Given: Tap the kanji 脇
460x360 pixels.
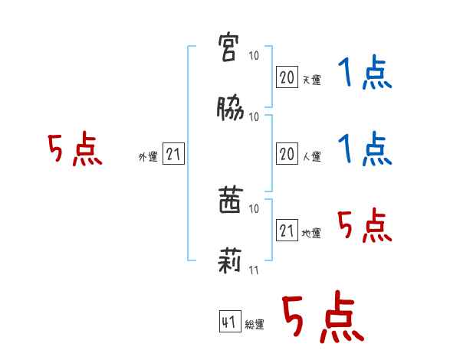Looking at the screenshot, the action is pyautogui.click(x=230, y=110).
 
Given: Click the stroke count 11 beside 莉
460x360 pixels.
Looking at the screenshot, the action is pyautogui.click(x=254, y=270).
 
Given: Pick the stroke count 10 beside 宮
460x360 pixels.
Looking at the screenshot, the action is pyautogui.click(x=254, y=57).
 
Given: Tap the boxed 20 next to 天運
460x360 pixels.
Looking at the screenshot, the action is pyautogui.click(x=287, y=77).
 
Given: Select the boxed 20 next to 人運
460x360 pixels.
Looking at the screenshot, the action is pyautogui.click(x=287, y=155).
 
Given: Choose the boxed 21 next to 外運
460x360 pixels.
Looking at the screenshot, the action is pyautogui.click(x=173, y=155).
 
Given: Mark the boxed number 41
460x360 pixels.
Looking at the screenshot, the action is pyautogui.click(x=228, y=322).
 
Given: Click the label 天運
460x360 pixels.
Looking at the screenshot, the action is pyautogui.click(x=311, y=80).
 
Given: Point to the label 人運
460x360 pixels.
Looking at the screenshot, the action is pyautogui.click(x=311, y=157).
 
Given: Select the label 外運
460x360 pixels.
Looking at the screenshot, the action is pyautogui.click(x=148, y=157).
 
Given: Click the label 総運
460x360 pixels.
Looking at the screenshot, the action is pyautogui.click(x=254, y=325).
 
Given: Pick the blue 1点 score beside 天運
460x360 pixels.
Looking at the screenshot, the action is pyautogui.click(x=364, y=74).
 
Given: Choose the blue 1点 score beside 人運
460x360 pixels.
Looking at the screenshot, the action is pyautogui.click(x=364, y=149).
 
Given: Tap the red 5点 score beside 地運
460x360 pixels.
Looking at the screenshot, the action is pyautogui.click(x=364, y=226).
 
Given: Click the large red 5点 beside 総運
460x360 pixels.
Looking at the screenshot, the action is pyautogui.click(x=322, y=318).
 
